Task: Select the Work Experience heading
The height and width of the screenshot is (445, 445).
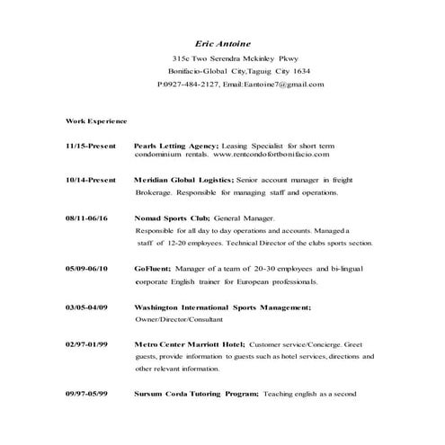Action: [96, 120]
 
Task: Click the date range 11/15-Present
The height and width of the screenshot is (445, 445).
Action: [91, 145]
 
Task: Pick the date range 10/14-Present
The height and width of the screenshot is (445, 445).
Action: [91, 180]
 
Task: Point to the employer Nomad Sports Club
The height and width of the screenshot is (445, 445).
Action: [172, 218]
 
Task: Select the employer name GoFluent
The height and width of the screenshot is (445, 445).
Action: [152, 269]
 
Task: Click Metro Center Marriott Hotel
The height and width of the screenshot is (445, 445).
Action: [189, 344]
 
